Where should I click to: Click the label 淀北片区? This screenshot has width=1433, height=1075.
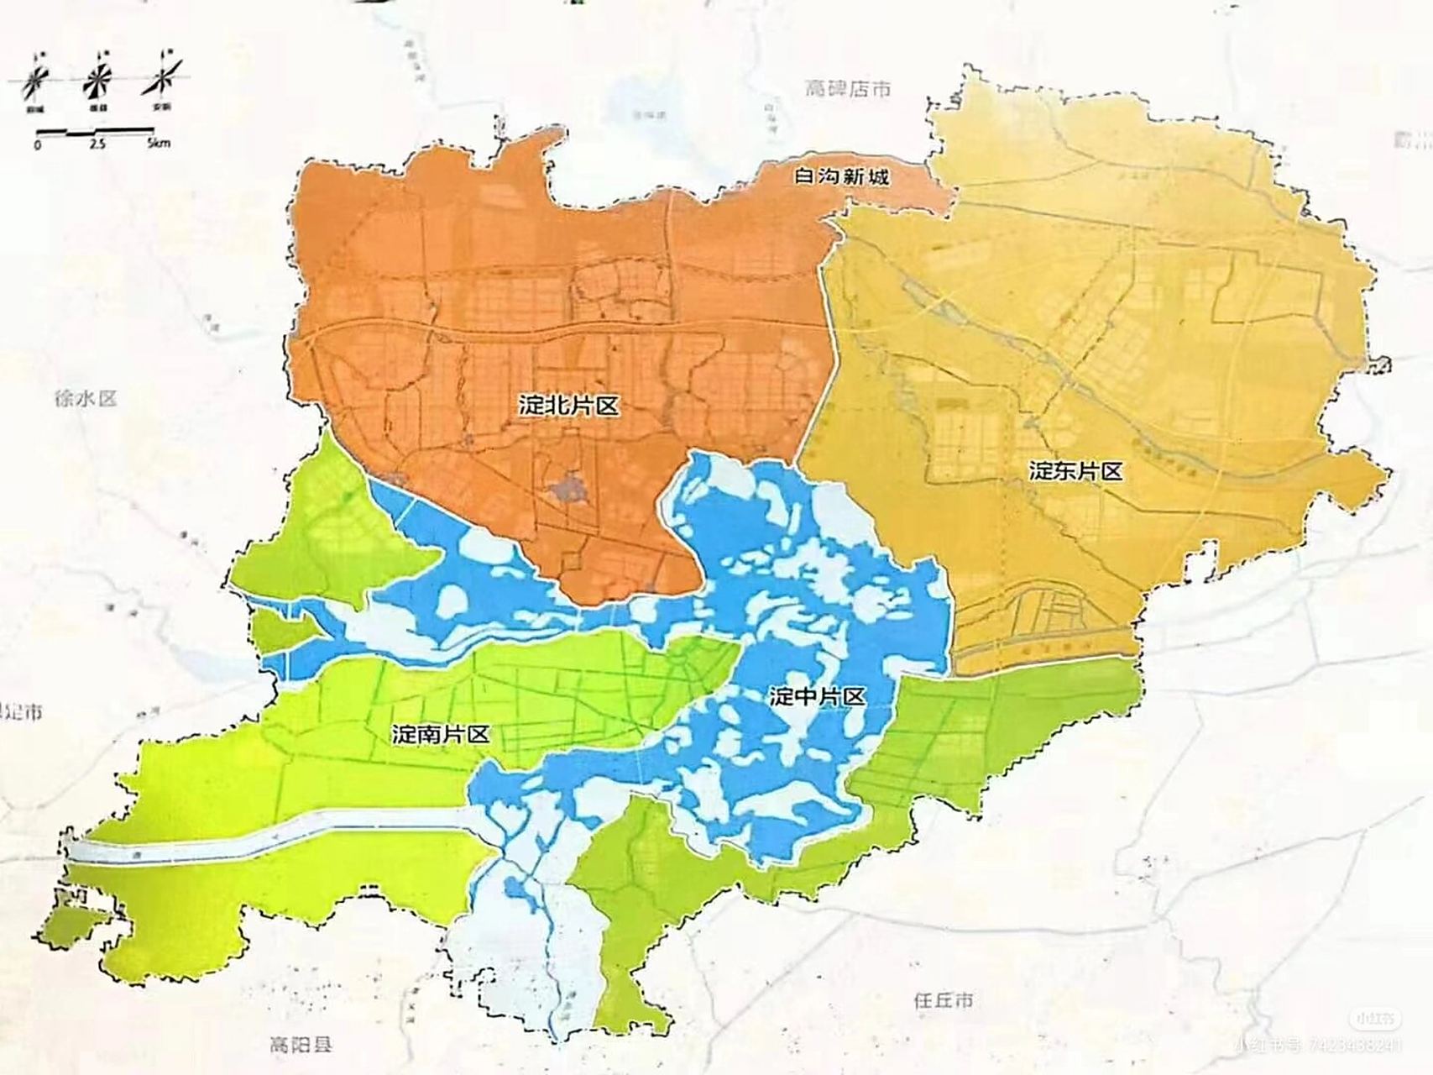(568, 406)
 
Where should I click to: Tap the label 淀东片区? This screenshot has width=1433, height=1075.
(1075, 471)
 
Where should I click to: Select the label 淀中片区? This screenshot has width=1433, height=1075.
(817, 696)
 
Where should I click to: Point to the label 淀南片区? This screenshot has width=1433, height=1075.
(441, 735)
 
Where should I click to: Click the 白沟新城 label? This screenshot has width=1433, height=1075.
(841, 177)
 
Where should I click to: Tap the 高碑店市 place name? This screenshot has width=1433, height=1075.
(846, 89)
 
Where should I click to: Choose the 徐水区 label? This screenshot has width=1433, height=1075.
(86, 398)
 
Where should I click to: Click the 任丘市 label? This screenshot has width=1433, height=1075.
(944, 1000)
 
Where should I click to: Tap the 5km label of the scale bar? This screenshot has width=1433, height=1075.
(157, 144)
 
